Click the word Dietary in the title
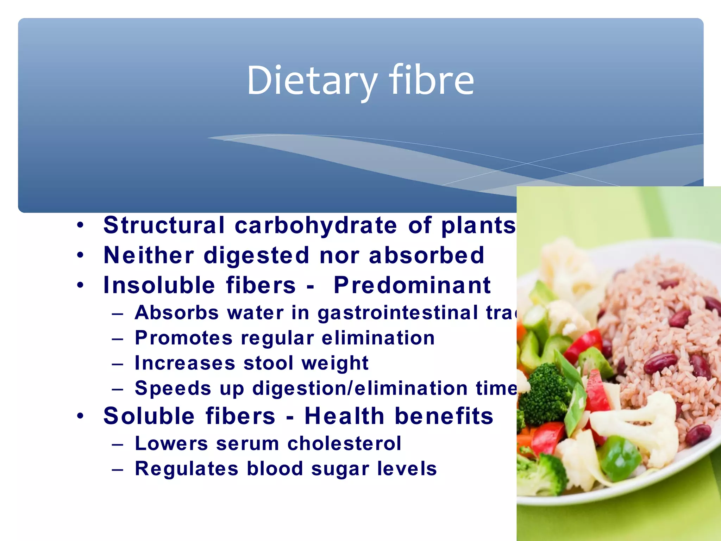click(x=312, y=81)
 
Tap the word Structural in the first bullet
click(x=164, y=225)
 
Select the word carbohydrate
click(x=316, y=225)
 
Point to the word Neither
click(x=149, y=255)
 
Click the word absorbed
click(x=426, y=255)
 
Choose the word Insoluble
click(x=159, y=285)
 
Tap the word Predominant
click(x=412, y=285)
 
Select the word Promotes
click(x=184, y=338)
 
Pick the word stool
click(x=268, y=363)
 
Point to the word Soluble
click(x=149, y=416)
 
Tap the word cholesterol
click(x=344, y=443)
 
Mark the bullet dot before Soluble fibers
click(x=81, y=416)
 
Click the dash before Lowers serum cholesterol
click(x=117, y=444)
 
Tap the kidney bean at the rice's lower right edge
click(x=698, y=434)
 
